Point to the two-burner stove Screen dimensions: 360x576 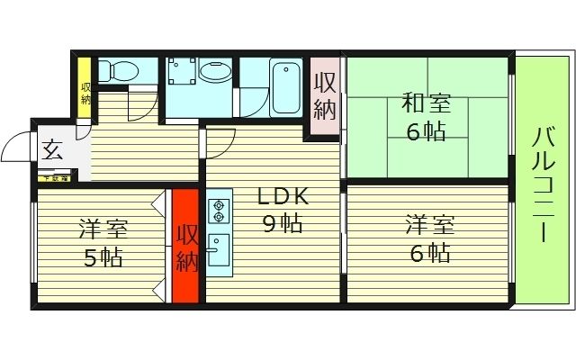point(219,211)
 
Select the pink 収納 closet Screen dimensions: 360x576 point(325,96)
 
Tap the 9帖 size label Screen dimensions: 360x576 point(282,224)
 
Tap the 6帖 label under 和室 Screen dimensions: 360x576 point(426,131)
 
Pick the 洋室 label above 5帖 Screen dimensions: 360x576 point(102,227)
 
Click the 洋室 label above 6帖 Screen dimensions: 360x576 point(427,222)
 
